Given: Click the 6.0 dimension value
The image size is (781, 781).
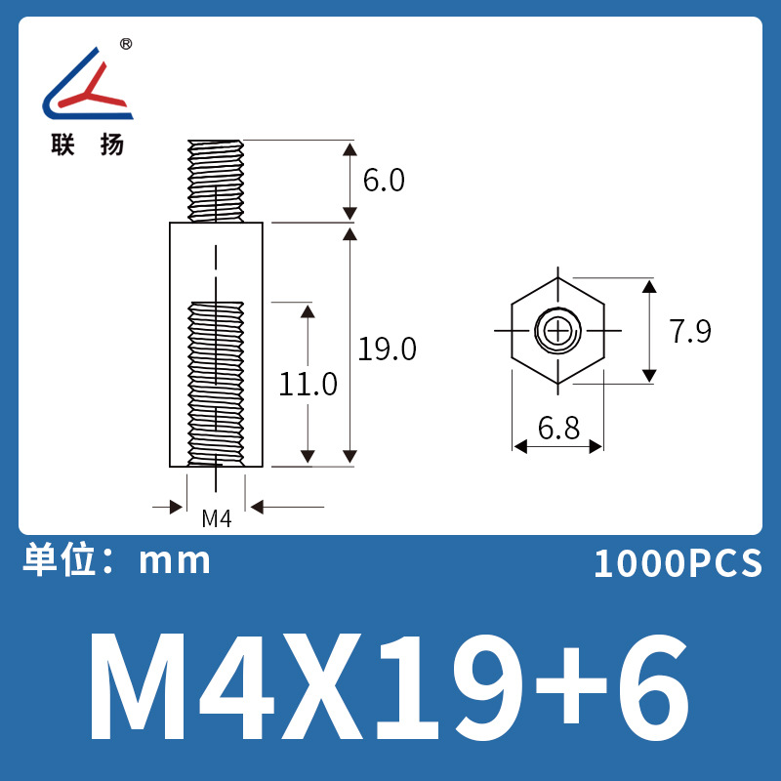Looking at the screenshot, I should point(384,181).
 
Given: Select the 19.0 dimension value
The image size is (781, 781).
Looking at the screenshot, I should point(387,349).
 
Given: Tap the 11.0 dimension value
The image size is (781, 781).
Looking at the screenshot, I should point(308,384).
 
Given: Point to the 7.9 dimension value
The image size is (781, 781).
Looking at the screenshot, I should point(689,332).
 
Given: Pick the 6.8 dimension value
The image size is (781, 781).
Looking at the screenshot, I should point(557,428).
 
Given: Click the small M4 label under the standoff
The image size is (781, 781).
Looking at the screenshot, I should point(216,518).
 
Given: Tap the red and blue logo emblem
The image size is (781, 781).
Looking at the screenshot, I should point(87,85).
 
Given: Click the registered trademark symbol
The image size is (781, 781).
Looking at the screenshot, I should point(126,44).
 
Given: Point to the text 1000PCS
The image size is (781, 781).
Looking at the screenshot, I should point(677,563).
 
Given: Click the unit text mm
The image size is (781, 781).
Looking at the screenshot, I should point(176,561).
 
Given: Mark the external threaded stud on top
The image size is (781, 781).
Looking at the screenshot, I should point(216,181).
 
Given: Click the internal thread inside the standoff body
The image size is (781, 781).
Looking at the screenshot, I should point(216,381).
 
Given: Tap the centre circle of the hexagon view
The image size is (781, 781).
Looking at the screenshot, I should point(557,331).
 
